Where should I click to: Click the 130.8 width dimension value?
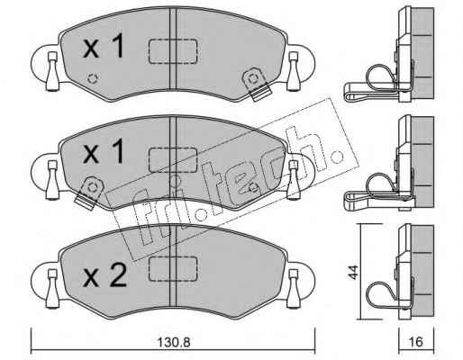pos(174,342)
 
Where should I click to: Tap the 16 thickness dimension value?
pos(416,342)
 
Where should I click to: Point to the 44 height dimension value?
pos(354,272)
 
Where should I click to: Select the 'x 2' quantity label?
pos(104,276)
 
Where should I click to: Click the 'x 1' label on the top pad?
pos(104,46)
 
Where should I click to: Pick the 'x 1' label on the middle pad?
pos(104,152)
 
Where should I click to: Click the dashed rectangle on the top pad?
pos(173,51)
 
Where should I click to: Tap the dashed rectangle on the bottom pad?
pos(173,268)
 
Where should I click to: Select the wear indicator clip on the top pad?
pos(257,84)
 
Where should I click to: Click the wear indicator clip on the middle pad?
pos(89,193)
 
